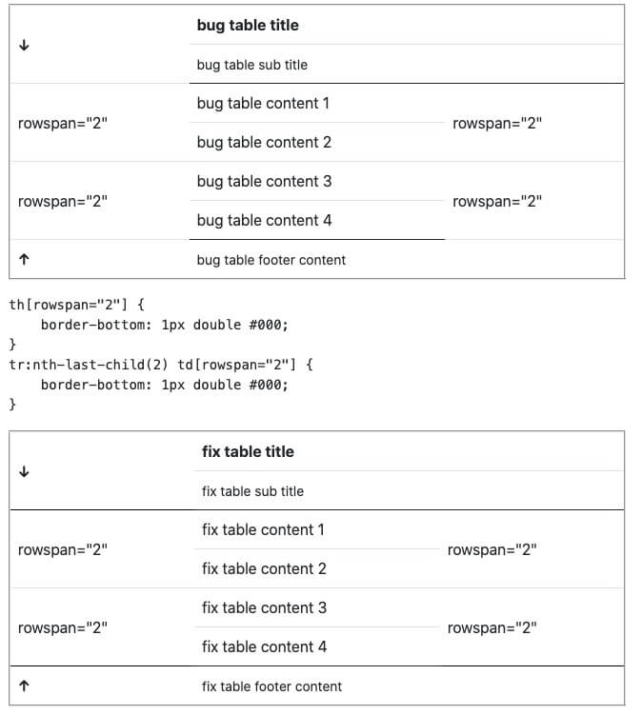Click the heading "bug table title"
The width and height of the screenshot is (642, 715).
(x=248, y=26)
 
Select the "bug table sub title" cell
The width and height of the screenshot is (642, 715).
(x=251, y=65)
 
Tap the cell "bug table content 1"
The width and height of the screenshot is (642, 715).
(x=263, y=103)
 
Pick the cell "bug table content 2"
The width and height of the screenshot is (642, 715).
(x=264, y=142)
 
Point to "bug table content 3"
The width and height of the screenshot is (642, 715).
(x=264, y=181)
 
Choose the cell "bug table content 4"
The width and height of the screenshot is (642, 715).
(x=264, y=220)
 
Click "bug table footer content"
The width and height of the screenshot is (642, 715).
(x=271, y=260)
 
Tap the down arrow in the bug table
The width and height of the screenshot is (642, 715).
(x=24, y=46)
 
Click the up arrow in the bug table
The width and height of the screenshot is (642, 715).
(x=24, y=259)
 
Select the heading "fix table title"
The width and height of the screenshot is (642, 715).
(x=248, y=452)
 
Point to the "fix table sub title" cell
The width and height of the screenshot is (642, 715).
(x=252, y=491)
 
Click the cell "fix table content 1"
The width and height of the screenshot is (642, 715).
(x=263, y=529)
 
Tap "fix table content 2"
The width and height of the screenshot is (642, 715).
(x=264, y=568)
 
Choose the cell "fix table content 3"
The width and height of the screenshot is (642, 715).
(x=264, y=607)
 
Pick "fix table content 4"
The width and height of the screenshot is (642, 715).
(x=264, y=646)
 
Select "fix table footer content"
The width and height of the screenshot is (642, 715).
(x=271, y=686)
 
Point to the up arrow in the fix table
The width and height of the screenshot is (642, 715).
(x=24, y=685)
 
